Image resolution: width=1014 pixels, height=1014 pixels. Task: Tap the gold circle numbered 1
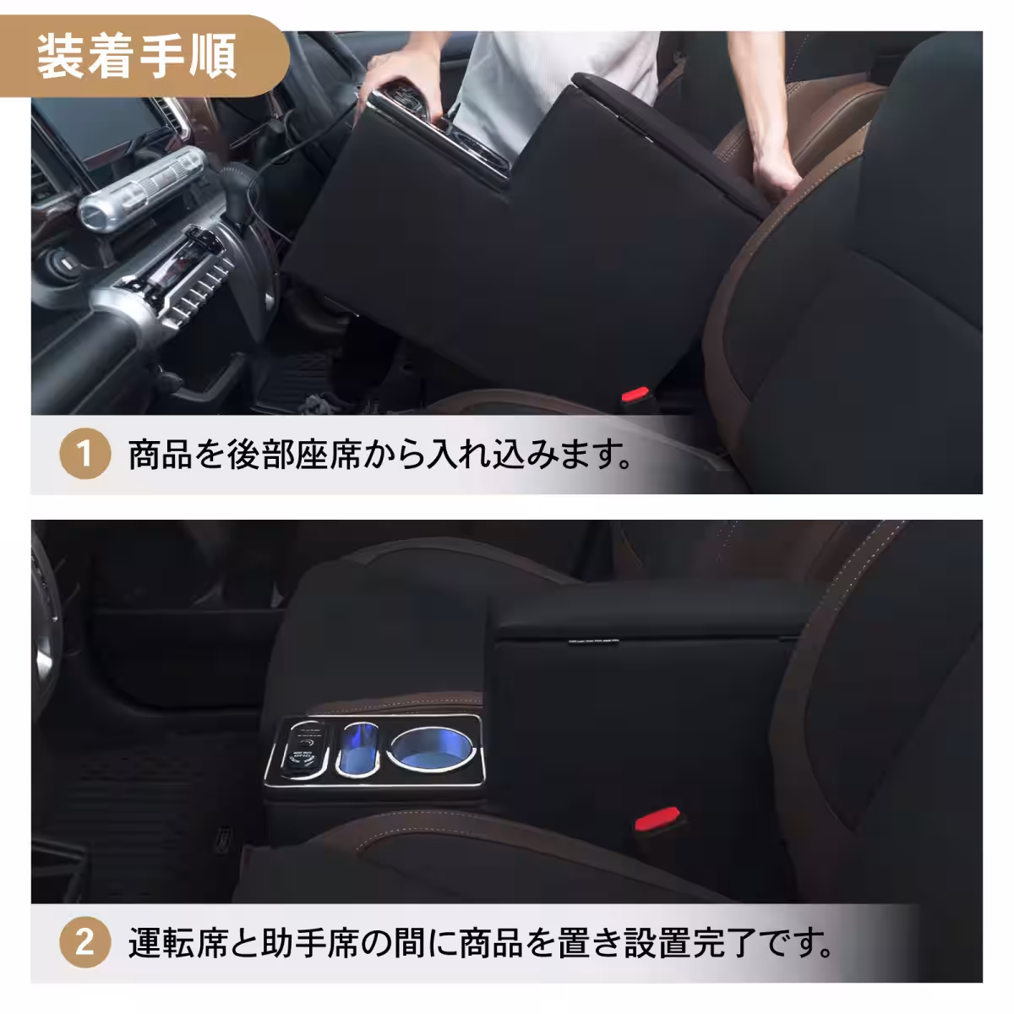click(84, 455)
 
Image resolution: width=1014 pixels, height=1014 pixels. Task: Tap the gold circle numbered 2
click(84, 942)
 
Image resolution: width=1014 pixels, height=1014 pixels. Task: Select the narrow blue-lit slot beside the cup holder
click(358, 748)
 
